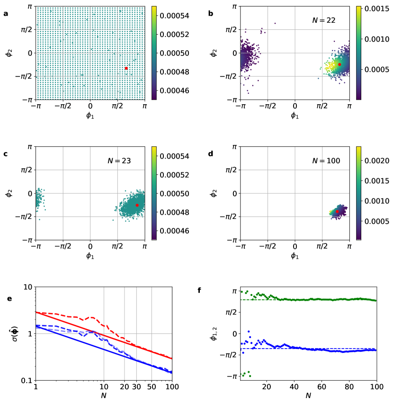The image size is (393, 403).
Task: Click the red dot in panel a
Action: coord(126,68)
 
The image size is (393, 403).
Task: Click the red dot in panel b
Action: coord(339,64)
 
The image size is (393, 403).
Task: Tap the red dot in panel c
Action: coord(137,205)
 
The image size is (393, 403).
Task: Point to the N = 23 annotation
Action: coord(119,161)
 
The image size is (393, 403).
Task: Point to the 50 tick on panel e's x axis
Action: coord(151,387)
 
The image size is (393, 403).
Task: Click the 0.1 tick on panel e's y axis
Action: coord(26,380)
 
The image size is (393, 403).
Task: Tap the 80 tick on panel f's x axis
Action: coord(349,387)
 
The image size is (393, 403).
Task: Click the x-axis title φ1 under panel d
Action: coord(295,256)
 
